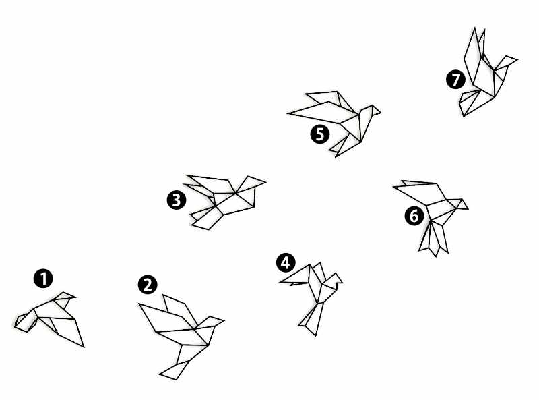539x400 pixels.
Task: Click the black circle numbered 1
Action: (43, 279)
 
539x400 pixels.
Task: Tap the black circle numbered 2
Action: (148, 285)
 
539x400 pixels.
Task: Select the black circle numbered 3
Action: (177, 200)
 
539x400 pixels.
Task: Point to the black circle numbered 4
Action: (286, 263)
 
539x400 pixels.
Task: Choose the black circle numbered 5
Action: (320, 134)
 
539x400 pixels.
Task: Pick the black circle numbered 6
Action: (414, 216)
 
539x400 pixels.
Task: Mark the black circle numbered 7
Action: (455, 79)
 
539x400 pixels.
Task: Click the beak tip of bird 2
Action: (224, 321)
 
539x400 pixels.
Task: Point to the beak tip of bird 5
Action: (381, 112)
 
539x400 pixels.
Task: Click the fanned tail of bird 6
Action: (434, 239)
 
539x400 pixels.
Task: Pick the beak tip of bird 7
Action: (517, 60)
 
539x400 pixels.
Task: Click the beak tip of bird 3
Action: (265, 181)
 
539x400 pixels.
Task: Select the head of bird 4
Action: (333, 279)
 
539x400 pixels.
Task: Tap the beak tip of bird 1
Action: (75, 297)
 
